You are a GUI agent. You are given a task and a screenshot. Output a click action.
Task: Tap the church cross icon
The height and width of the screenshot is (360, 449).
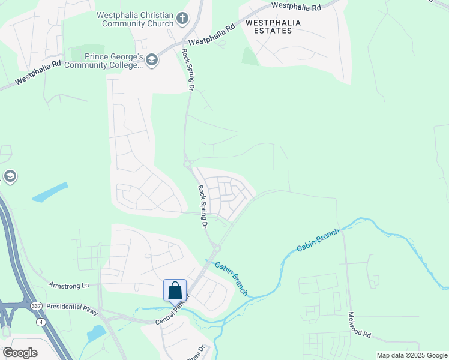click(x=184, y=18)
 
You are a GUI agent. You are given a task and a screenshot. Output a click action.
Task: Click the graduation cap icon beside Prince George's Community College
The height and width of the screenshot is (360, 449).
click(x=152, y=59)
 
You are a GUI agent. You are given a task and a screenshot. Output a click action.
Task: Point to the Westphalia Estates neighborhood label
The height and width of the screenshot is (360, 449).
click(x=273, y=26)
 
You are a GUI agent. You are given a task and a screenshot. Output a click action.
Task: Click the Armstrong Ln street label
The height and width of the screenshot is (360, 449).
click(x=68, y=286)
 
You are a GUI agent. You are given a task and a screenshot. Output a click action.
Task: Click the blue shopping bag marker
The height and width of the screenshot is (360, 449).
click(x=175, y=290)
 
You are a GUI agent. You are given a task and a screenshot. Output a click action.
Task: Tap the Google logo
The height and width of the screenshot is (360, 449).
click(x=20, y=353)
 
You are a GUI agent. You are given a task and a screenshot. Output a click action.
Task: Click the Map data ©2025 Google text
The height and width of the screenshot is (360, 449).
click(x=412, y=355)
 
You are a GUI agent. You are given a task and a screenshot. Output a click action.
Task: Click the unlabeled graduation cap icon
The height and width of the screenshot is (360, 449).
click(x=9, y=176)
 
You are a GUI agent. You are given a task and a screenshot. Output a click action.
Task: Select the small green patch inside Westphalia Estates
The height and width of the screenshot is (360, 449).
click(x=250, y=56)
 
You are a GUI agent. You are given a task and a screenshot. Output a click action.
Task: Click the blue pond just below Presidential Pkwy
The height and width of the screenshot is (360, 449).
click(x=96, y=333)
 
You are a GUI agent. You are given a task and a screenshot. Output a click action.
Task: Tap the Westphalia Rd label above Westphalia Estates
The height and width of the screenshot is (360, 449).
click(x=296, y=6)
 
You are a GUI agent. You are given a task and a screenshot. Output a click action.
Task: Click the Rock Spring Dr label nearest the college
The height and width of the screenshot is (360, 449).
click(x=187, y=70)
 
